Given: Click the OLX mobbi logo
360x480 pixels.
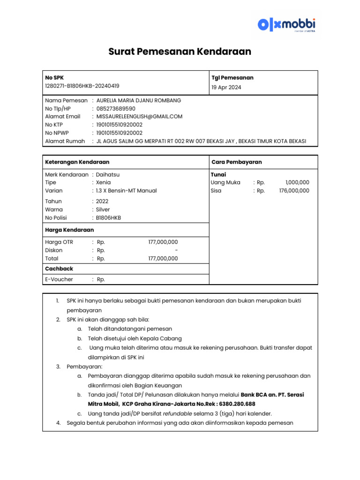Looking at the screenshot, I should tap(286, 24).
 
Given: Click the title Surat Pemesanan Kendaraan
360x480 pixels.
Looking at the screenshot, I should tap(180, 52).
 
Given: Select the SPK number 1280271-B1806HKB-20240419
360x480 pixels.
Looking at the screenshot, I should tap(82, 86).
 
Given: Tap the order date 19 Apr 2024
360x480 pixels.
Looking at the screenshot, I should tap(227, 87).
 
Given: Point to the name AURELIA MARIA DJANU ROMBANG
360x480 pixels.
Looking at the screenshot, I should tap(138, 100).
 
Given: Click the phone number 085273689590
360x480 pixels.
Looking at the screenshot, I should tap(115, 108).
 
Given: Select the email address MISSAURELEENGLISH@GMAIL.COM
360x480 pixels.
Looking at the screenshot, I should tap(139, 116).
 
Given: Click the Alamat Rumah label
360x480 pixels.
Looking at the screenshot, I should tap(65, 141).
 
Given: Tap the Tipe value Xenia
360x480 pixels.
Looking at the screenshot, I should tap(104, 182).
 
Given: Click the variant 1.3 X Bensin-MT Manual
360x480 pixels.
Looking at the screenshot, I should tap(126, 191).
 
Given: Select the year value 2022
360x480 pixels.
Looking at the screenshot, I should tap(102, 201).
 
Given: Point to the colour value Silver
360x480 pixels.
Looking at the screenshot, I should tap(103, 210).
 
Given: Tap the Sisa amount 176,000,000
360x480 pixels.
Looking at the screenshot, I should tap(294, 191).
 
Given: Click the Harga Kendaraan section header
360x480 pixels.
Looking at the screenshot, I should tap(69, 230).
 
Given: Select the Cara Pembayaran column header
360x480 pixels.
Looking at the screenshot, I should tap(236, 162).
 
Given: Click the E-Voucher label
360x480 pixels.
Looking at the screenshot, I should tap(59, 279).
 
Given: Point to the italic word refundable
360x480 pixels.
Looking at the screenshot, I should tap(180, 413).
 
